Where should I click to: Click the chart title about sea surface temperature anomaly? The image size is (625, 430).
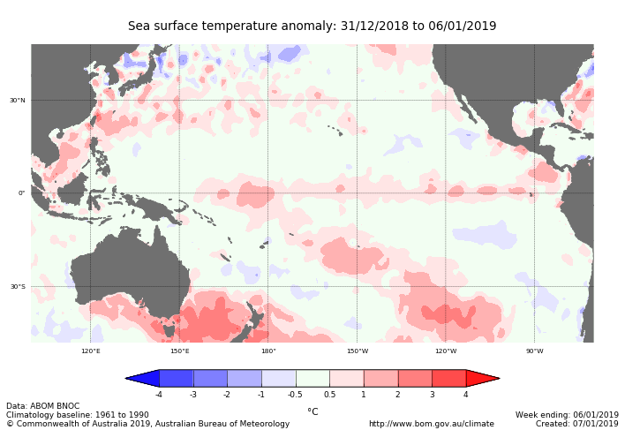click(x=312, y=26)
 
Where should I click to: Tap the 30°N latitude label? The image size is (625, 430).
click(x=18, y=100)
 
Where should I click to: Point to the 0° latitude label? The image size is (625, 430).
click(x=22, y=193)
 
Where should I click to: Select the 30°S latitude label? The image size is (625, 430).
click(x=18, y=286)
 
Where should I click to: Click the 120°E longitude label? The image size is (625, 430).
click(x=91, y=351)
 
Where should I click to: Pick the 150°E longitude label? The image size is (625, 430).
click(x=179, y=351)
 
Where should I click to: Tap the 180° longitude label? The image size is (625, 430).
click(x=268, y=351)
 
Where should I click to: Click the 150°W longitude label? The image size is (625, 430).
click(x=357, y=351)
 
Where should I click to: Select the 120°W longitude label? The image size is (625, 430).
click(x=446, y=351)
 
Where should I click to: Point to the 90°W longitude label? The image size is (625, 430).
click(x=534, y=351)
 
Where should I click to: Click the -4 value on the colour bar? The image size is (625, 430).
click(x=159, y=395)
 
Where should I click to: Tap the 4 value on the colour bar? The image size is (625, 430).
click(x=465, y=395)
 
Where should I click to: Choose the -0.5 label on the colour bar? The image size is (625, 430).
click(x=295, y=395)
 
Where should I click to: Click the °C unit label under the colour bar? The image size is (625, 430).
click(x=312, y=411)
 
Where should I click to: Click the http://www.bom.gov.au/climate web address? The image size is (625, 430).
click(x=431, y=424)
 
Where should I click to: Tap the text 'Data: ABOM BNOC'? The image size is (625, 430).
click(x=42, y=406)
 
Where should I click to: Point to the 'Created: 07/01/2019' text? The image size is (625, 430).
click(x=576, y=424)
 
